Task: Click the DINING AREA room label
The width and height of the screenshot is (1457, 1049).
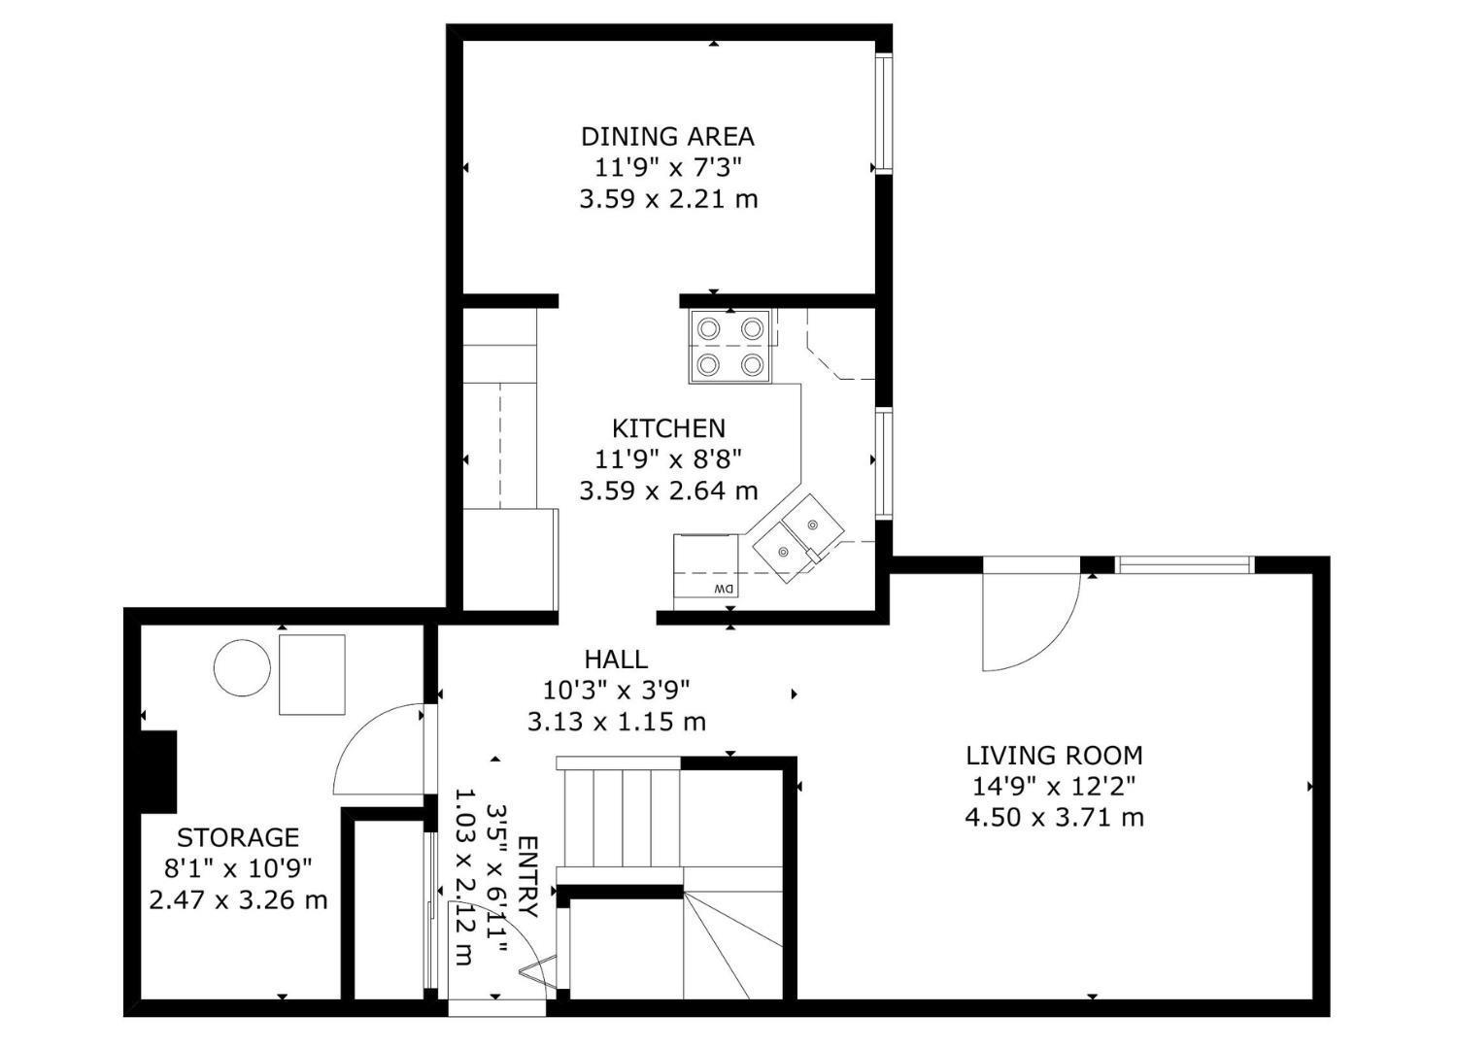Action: (x=667, y=136)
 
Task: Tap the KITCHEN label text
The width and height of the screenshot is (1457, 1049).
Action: (x=668, y=428)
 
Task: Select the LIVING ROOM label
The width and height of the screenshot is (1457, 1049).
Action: (x=1054, y=756)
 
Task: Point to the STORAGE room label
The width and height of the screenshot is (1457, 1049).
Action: (x=237, y=837)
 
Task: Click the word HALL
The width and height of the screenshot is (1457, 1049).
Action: (x=616, y=660)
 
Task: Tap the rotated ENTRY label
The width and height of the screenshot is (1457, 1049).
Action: (x=527, y=876)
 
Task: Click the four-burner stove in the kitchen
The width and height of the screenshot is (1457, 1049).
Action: (x=730, y=346)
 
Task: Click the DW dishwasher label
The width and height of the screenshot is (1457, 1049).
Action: (x=723, y=590)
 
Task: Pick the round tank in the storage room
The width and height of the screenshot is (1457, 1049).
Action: (x=242, y=667)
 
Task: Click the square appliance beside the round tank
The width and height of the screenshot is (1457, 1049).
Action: (x=312, y=674)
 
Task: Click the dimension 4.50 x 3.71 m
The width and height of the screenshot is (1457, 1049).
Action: (x=1054, y=818)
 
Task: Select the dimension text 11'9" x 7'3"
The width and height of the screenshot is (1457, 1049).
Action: (x=667, y=167)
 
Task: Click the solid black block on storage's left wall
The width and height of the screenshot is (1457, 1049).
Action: (x=159, y=771)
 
